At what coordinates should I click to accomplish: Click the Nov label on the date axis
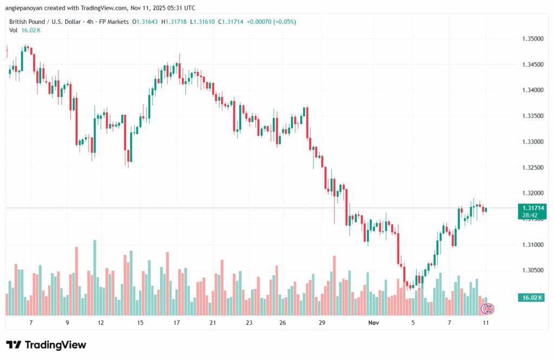pyautogui.click(x=373, y=323)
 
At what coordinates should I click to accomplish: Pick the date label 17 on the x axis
pyautogui.click(x=176, y=323)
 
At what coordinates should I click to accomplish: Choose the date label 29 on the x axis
pyautogui.click(x=322, y=323)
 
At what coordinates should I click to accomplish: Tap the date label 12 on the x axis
pyautogui.click(x=101, y=323)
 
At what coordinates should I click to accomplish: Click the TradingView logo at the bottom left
pyautogui.click(x=46, y=345)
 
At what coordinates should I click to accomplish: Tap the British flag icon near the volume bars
pyautogui.click(x=487, y=309)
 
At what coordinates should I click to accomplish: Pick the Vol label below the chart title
pyautogui.click(x=14, y=30)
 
